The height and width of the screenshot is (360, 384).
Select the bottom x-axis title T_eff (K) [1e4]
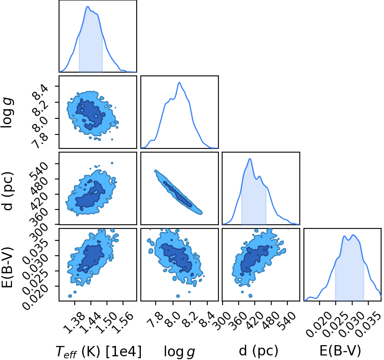tap(99, 351)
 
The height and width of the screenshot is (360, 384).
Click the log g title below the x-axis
tap(179, 352)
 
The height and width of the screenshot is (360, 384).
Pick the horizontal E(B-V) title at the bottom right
tap(340, 351)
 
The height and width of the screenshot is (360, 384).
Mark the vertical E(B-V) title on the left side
tap(7, 267)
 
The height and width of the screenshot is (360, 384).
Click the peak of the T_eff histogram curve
tap(88, 6)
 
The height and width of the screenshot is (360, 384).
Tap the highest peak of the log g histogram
tap(179, 82)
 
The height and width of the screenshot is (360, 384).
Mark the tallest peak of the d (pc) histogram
tap(250, 159)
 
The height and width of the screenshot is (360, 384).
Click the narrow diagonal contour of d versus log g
tap(178, 193)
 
